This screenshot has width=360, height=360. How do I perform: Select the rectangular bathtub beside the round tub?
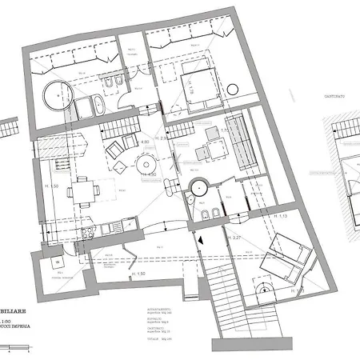pyautogui.click(x=90, y=104)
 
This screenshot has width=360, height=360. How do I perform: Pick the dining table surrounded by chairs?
pyautogui.click(x=82, y=191)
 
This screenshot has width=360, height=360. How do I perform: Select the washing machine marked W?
pyautogui.click(x=58, y=262)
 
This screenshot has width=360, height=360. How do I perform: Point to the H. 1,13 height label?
pyautogui.click(x=280, y=217)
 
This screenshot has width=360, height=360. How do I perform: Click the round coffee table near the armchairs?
pyautogui.click(x=121, y=167)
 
